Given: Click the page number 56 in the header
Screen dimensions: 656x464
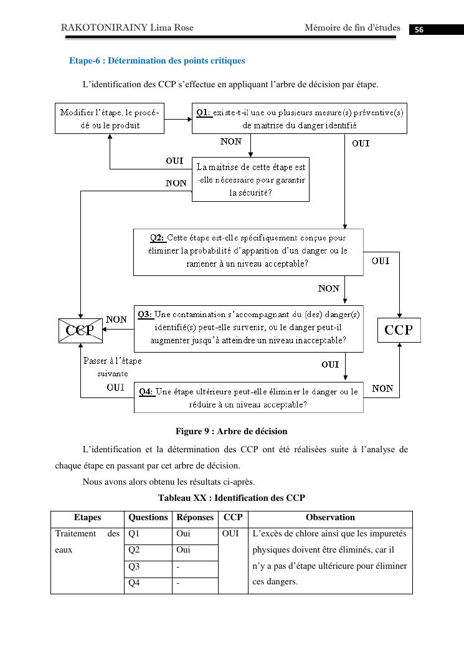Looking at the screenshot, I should [x=419, y=30].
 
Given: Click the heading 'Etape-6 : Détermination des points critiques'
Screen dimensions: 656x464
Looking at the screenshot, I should [x=157, y=61].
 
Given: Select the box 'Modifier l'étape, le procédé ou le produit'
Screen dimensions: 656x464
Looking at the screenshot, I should [x=110, y=118].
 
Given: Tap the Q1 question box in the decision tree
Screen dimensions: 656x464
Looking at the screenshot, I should [x=299, y=118].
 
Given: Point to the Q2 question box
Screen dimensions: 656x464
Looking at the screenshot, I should [x=248, y=252].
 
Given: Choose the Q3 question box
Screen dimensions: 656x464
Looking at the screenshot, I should [x=248, y=328].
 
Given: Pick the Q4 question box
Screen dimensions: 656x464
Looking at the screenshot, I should [x=248, y=398].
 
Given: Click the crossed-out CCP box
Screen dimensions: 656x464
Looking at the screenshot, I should [x=80, y=330].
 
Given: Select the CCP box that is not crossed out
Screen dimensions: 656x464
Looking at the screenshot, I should [x=399, y=330].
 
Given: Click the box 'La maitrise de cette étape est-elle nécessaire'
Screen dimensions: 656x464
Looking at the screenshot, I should [x=250, y=179].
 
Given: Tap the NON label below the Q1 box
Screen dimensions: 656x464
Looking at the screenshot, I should [x=231, y=142].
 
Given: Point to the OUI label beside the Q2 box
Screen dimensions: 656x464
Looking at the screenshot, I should [x=381, y=261].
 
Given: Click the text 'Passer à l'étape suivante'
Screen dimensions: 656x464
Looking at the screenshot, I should [x=112, y=367].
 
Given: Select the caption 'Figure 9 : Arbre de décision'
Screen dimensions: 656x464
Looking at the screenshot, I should [x=231, y=431].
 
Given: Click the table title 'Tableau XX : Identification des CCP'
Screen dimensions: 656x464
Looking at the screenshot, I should [x=232, y=498].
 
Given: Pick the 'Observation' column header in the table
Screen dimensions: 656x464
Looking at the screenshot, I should [x=330, y=517].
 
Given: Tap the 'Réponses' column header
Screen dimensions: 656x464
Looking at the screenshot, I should [x=195, y=517].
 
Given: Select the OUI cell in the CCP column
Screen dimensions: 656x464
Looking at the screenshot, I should [x=230, y=534].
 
